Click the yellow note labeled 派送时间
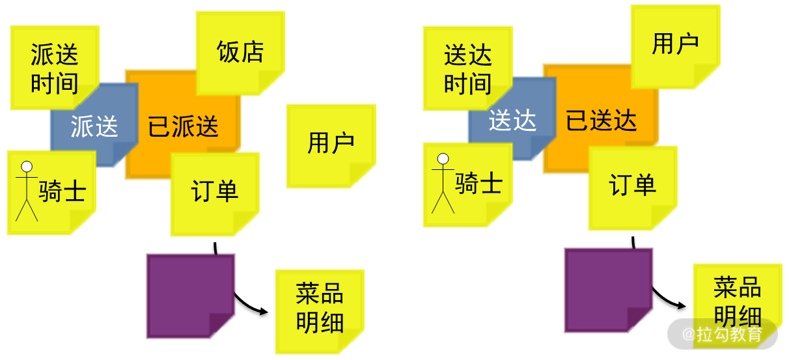click(x=54, y=68)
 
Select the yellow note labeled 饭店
click(x=240, y=52)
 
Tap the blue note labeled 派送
click(x=94, y=126)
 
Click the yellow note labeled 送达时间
click(x=467, y=68)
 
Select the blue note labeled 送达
click(x=512, y=120)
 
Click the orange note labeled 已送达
click(x=601, y=121)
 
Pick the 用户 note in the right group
click(x=675, y=45)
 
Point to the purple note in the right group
click(x=607, y=290)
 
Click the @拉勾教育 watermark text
click(x=722, y=335)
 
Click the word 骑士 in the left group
click(x=62, y=191)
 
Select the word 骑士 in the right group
click(x=478, y=184)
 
